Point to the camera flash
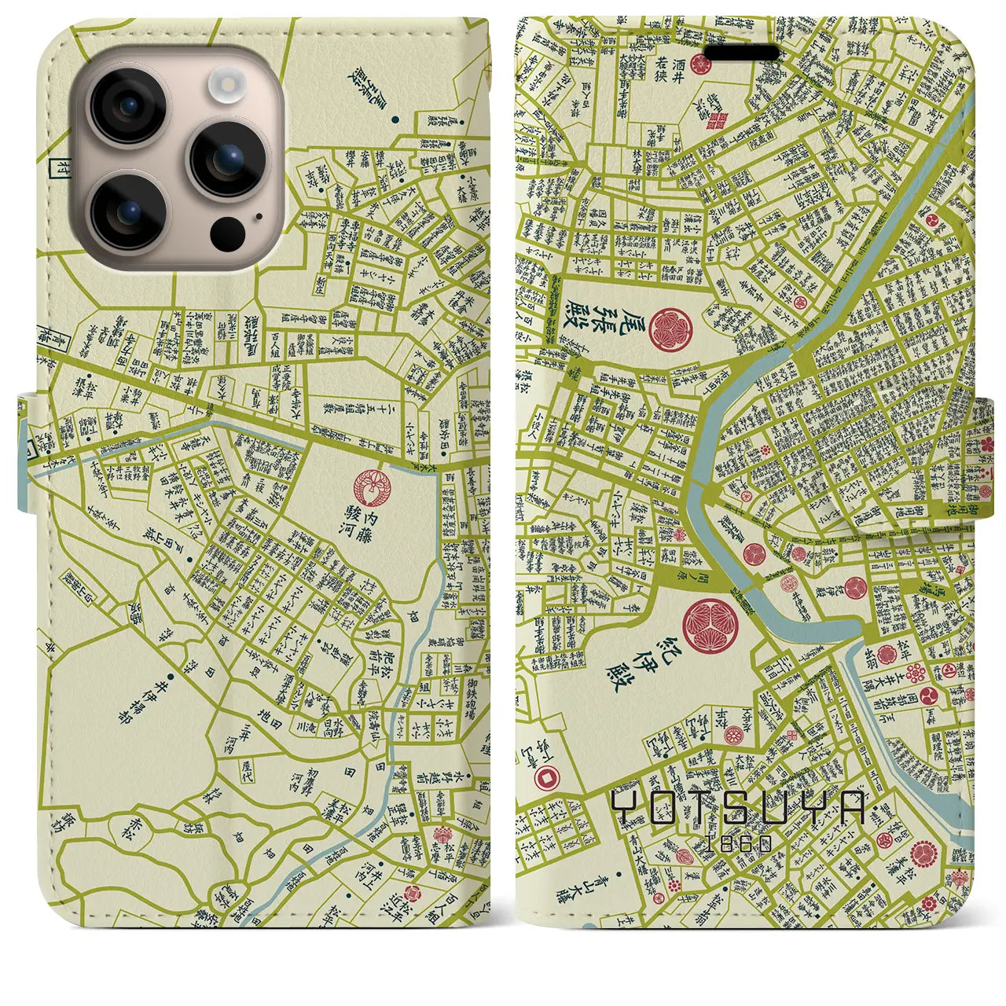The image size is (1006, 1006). click(229, 81)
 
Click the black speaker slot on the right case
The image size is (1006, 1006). click(743, 53)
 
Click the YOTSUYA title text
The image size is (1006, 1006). click(739, 807)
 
